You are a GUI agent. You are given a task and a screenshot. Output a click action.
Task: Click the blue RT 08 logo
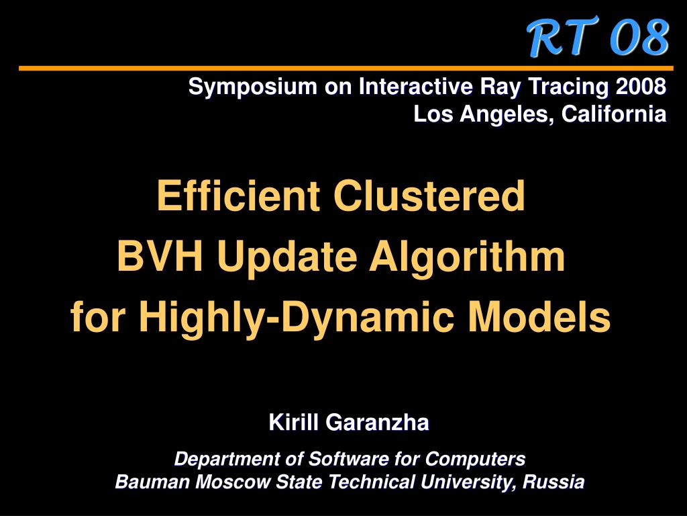598,38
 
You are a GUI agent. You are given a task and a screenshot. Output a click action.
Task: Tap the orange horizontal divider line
346,69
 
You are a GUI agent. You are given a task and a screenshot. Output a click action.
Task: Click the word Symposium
253,87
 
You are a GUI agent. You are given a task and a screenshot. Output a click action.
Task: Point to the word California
614,114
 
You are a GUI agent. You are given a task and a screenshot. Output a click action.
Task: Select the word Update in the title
287,259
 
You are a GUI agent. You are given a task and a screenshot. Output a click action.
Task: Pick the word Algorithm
467,259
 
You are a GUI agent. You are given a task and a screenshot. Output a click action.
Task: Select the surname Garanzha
377,422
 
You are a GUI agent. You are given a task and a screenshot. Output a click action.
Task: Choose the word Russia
553,482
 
